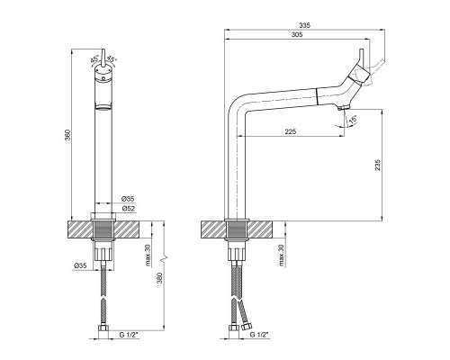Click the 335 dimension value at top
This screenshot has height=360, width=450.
pyautogui.click(x=305, y=25)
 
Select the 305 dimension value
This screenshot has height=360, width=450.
pyautogui.click(x=297, y=34)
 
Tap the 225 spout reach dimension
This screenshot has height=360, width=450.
pyautogui.click(x=291, y=131)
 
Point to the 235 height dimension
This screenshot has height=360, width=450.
pyautogui.click(x=377, y=165)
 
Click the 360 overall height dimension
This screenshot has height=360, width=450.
pyautogui.click(x=67, y=135)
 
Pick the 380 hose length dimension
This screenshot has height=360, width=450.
pyautogui.click(x=159, y=278)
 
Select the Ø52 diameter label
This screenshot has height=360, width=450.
pyautogui.click(x=128, y=208)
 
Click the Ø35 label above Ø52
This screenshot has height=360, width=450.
pyautogui.click(x=128, y=199)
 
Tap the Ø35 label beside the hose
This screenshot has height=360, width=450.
pyautogui.click(x=80, y=265)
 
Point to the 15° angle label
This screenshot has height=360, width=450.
pyautogui.click(x=353, y=120)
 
